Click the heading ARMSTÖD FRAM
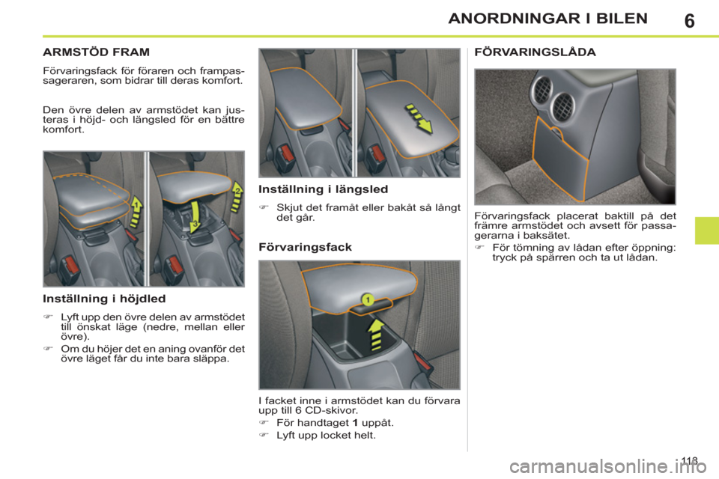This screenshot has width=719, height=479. tap(97, 52)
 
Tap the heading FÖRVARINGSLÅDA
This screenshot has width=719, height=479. tap(535, 52)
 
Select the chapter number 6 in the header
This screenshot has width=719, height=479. tap(689, 21)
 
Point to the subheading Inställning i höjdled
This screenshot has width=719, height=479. tap(104, 299)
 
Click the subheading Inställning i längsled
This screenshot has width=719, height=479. tap(324, 189)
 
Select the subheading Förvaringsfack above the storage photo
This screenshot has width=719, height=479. tap(305, 247)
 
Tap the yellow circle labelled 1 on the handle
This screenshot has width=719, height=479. tap(367, 300)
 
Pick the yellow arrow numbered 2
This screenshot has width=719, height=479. tap(237, 196)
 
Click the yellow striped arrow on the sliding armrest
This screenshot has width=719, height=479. tap(418, 118)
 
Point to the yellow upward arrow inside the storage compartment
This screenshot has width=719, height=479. tap(376, 335)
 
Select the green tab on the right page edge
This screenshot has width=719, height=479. tap(706, 231)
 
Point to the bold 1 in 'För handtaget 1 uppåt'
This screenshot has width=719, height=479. tap(355, 423)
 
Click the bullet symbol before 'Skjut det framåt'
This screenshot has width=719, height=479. tap(263, 207)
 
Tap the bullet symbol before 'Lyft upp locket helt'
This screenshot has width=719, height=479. tap(263, 435)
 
